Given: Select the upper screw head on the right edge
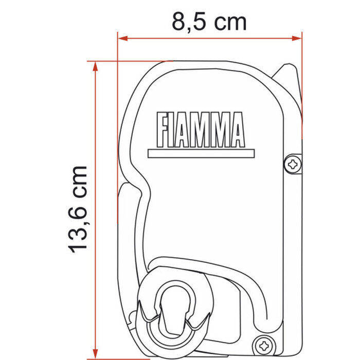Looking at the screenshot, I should [293, 164].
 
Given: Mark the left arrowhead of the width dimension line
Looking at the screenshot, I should [121, 38].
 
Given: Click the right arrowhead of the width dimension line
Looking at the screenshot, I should [298, 38].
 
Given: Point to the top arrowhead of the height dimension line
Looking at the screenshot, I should [95, 64].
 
